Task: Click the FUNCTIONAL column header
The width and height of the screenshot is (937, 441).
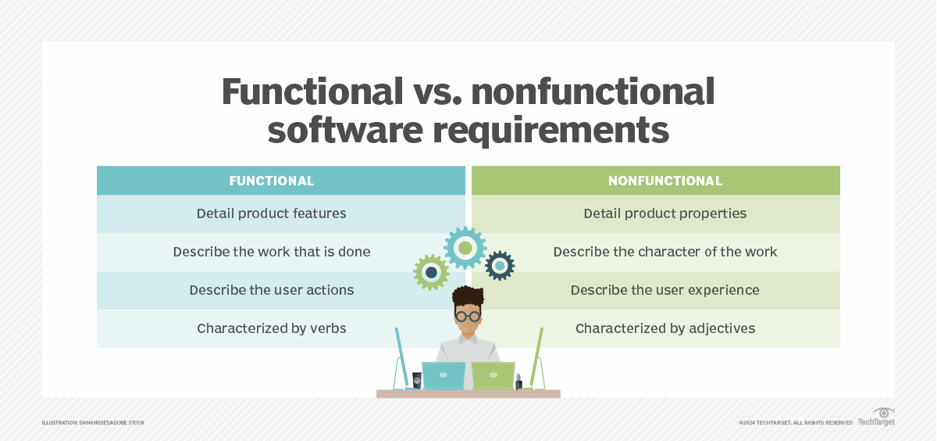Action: tap(271, 181)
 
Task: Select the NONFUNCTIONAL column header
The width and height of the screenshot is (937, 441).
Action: tap(665, 181)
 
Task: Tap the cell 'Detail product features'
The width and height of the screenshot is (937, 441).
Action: tap(271, 213)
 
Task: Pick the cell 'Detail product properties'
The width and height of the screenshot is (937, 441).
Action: tap(665, 213)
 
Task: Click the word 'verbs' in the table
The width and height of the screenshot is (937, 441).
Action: tap(328, 328)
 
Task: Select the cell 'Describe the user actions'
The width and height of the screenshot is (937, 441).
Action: tap(271, 290)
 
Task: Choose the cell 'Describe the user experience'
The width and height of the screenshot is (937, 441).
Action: tap(664, 290)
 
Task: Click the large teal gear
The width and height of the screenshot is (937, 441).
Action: tap(465, 248)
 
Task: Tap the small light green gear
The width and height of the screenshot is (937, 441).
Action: tap(431, 272)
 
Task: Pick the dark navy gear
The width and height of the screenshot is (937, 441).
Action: tap(500, 266)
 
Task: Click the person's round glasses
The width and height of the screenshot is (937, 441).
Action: tap(468, 316)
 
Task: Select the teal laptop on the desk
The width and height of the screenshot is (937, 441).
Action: tap(443, 375)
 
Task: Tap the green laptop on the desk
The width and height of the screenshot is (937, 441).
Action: tap(493, 375)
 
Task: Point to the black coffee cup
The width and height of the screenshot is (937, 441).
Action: tap(417, 381)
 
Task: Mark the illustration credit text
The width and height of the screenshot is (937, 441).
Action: tap(93, 423)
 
